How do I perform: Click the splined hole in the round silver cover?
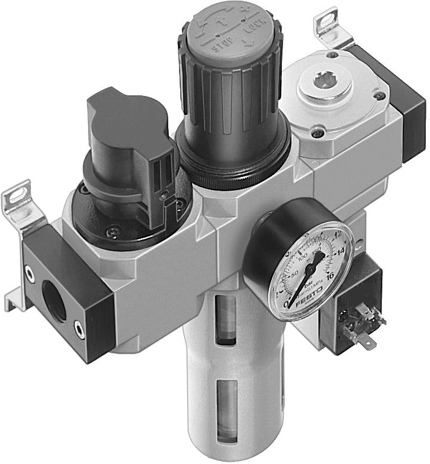point(325,79)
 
